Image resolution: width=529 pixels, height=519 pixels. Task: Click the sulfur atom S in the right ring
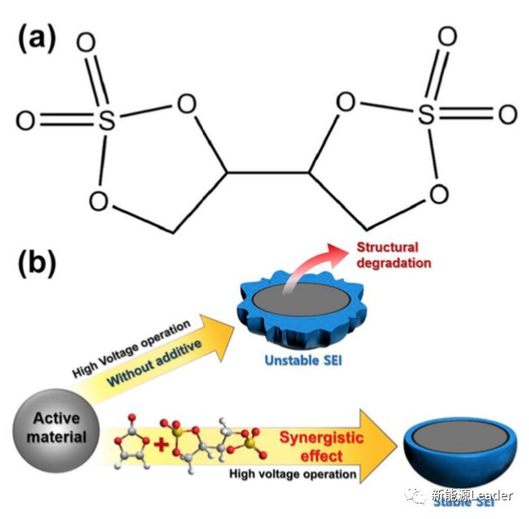(x=426, y=114)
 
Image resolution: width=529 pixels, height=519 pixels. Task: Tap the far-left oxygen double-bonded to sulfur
(x=25, y=121)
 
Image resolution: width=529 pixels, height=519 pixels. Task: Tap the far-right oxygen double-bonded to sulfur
(x=507, y=114)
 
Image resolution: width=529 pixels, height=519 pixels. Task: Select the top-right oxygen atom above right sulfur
(x=446, y=37)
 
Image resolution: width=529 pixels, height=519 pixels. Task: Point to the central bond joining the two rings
(x=269, y=172)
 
